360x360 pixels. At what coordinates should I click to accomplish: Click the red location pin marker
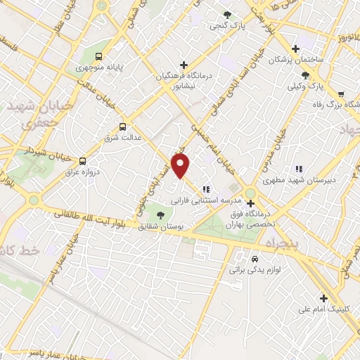click(182, 166)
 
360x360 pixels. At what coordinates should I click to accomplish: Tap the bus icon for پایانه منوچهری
click(99, 55)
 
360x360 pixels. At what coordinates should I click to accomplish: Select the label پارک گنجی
click(226, 26)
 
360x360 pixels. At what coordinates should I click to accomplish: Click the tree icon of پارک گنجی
click(226, 14)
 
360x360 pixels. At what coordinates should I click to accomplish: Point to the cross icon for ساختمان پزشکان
click(295, 49)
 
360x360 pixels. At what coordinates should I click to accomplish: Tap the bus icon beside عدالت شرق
click(123, 127)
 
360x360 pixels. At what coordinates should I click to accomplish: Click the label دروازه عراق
click(82, 172)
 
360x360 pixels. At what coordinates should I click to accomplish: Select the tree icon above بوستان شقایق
click(161, 216)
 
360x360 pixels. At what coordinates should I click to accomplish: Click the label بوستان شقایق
click(161, 228)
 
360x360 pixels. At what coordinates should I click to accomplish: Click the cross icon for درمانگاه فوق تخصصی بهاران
click(250, 203)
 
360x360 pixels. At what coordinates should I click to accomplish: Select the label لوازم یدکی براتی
click(250, 269)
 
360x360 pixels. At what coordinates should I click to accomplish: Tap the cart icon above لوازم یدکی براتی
click(243, 257)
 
